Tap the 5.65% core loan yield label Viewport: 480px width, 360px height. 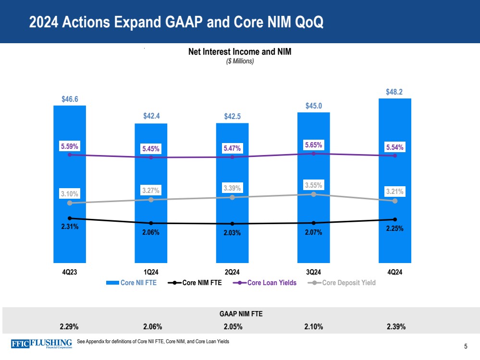313,145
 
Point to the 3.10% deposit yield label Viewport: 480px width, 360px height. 70,194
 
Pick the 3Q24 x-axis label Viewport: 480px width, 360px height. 313,272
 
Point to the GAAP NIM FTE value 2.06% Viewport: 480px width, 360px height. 152,327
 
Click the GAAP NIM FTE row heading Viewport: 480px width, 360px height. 240,314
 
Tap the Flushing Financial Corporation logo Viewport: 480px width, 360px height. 41,343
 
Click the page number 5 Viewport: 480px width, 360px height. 466,346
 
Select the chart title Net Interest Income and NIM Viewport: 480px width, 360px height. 240,52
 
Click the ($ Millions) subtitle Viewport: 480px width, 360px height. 240,61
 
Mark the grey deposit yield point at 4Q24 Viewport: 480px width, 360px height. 395,201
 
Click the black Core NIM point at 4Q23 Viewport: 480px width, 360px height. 70,218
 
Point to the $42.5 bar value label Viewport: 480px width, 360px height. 232,117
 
